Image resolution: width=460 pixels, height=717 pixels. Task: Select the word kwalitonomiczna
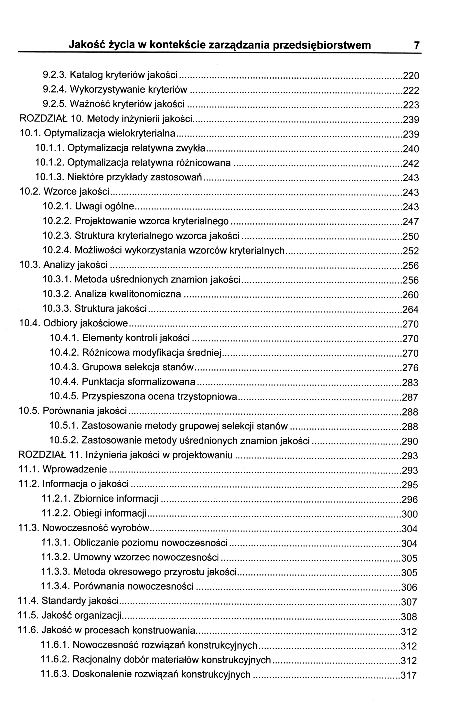[145, 294]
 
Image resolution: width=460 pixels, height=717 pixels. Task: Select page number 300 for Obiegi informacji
[409, 514]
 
